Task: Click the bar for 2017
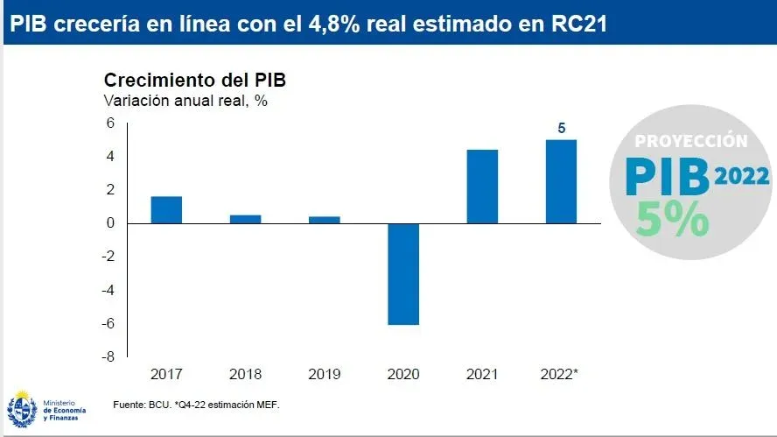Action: (x=166, y=210)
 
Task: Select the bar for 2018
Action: (x=245, y=219)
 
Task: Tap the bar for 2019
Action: (x=324, y=220)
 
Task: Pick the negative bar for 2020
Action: (x=403, y=274)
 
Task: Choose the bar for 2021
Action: (x=482, y=187)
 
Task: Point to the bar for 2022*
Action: (x=561, y=181)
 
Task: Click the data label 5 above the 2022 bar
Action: (x=562, y=129)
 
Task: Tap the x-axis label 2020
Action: (x=403, y=375)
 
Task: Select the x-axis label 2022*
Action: (x=561, y=375)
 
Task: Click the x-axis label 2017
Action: (x=166, y=375)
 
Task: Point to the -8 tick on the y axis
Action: (x=108, y=357)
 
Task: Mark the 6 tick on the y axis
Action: (x=111, y=123)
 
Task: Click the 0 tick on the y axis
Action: (x=111, y=223)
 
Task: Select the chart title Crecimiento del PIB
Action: (x=195, y=80)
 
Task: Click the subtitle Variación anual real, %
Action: (x=185, y=100)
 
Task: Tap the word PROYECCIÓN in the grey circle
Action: (x=691, y=141)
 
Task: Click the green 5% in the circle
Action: (x=673, y=219)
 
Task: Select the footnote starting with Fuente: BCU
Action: (x=196, y=405)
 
